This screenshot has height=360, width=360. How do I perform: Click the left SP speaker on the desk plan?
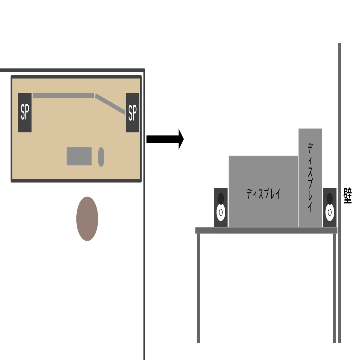25,113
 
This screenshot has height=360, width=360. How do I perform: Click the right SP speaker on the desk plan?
132,113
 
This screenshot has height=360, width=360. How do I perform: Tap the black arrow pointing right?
165,139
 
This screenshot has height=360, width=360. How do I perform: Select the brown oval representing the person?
87,218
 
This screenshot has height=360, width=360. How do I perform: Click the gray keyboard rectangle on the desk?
79,156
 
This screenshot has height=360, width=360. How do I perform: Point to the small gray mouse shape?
101,157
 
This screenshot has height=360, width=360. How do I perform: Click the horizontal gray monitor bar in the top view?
64,96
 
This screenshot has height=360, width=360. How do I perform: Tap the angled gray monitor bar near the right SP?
110,104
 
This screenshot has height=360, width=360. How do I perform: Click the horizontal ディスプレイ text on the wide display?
263,194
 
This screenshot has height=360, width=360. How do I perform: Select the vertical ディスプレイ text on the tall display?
310,178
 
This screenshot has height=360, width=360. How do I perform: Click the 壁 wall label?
348,196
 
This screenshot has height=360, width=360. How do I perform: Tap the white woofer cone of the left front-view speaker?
221,213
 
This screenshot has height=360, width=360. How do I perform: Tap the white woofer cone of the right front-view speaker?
330,213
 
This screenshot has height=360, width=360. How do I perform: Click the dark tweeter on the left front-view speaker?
221,198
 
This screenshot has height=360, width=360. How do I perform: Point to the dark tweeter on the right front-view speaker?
330,198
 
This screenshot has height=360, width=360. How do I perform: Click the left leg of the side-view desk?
198,288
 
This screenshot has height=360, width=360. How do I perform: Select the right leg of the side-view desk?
335,288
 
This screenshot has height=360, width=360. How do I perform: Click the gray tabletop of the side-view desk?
266,231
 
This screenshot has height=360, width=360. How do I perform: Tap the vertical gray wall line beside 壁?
339,193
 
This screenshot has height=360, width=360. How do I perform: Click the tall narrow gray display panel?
310,178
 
